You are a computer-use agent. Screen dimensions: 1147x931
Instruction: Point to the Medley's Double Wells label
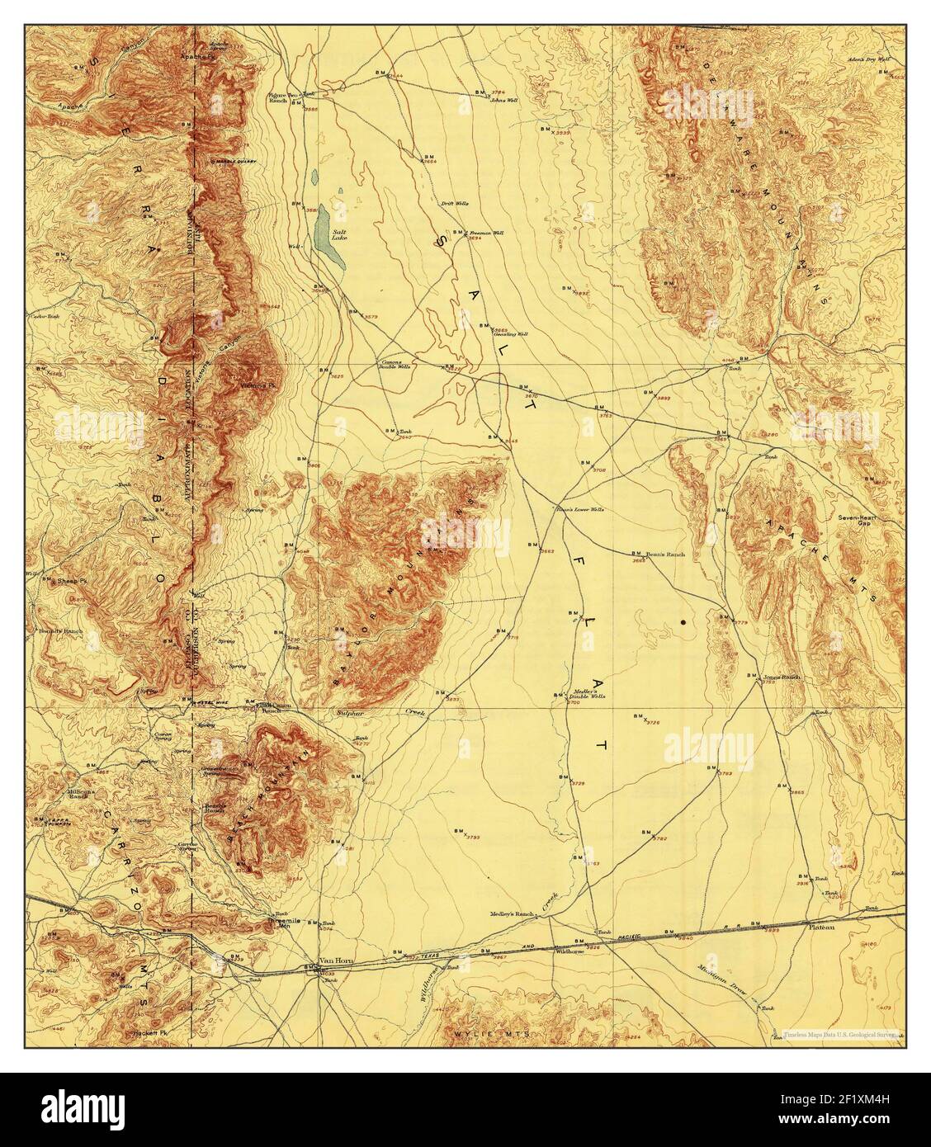588,694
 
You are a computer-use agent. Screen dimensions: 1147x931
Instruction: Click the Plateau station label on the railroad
820,926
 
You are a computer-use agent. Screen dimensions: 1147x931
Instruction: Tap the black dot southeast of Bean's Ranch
684,621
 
